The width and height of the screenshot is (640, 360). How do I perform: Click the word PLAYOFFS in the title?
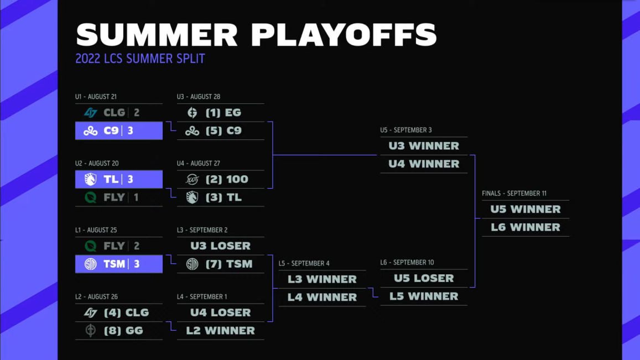point(344,35)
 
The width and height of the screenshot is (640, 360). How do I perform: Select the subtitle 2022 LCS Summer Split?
point(140,59)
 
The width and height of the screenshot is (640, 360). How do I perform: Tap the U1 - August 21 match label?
point(96,97)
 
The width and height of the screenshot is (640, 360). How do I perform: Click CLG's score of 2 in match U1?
point(137,113)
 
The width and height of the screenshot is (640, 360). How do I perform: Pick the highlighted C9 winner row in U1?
point(119,131)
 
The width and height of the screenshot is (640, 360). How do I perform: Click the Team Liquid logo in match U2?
point(90,179)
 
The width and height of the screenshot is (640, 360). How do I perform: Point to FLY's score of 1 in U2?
point(136,197)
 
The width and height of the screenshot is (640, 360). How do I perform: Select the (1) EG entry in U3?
point(223,113)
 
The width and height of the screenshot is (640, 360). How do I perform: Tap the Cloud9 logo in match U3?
point(192,131)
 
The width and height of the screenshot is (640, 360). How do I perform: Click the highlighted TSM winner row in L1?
point(119,264)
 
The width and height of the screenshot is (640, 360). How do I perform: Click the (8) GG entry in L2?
point(124,331)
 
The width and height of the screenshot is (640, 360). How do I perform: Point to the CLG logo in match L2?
point(90,312)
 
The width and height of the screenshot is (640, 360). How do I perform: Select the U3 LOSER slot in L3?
point(220,246)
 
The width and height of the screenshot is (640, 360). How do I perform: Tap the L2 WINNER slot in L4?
point(220,331)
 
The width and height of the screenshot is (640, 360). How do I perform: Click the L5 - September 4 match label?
point(304,263)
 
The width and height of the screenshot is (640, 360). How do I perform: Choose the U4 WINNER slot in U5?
point(424,164)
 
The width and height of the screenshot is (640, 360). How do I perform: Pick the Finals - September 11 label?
point(514,194)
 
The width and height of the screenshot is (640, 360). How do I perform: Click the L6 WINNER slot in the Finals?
point(525,227)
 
